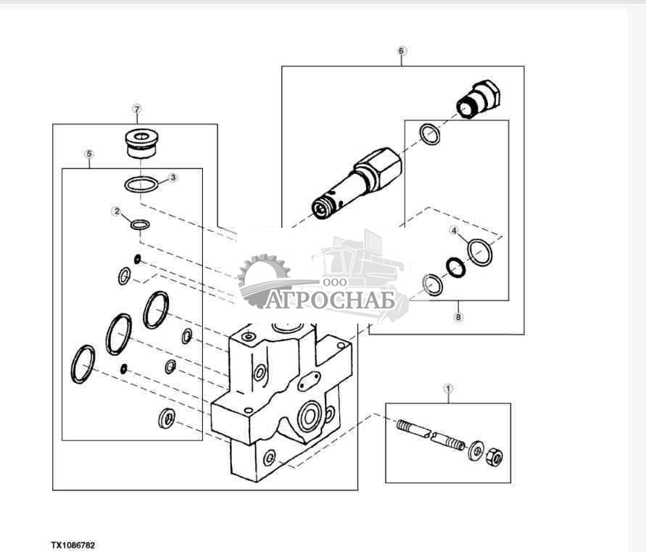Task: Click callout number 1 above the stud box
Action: pos(448,389)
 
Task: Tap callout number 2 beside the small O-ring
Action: pos(116,211)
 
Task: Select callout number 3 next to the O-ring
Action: pos(173,177)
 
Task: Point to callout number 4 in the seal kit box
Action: pos(455,231)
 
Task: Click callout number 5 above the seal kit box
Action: pos(89,155)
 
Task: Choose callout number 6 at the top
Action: pos(402,51)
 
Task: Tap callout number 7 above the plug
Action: pos(136,109)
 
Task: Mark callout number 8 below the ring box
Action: pos(457,316)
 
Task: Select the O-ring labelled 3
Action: pos(141,185)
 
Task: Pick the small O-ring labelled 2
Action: pos(140,225)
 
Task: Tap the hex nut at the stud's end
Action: pos(495,458)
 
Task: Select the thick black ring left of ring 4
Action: pos(455,268)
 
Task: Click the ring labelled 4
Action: pos(480,252)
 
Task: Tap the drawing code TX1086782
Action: pos(73,544)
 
